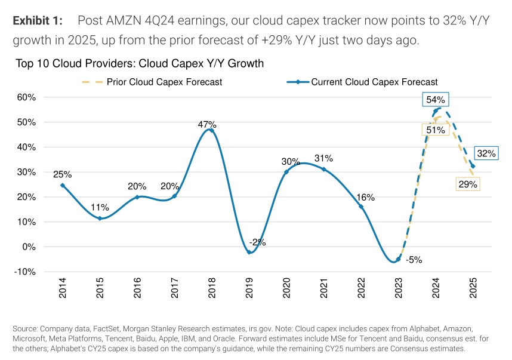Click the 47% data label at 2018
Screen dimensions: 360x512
point(207,125)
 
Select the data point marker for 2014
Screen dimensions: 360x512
point(63,185)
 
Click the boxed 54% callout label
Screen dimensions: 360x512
point(436,100)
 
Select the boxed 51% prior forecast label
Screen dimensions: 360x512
point(436,130)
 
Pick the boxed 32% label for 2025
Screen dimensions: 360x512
point(486,153)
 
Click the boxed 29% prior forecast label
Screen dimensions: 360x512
point(467,184)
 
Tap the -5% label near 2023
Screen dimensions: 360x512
point(414,260)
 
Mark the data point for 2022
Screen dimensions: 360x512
point(361,207)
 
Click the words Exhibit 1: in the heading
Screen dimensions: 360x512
point(37,21)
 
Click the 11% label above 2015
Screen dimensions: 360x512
point(100,208)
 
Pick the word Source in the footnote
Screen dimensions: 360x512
point(24,329)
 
